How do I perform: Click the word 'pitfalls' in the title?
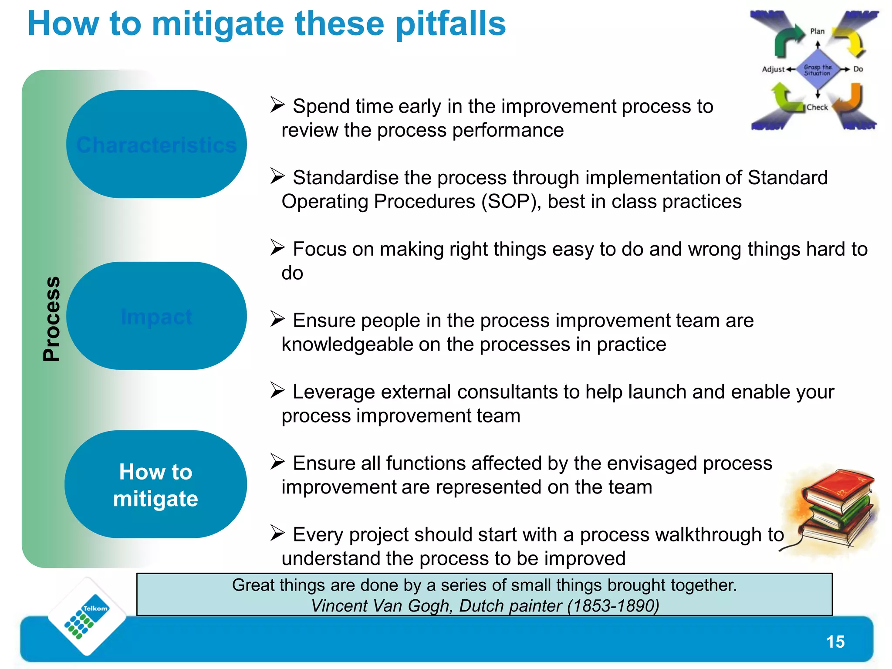click(x=450, y=24)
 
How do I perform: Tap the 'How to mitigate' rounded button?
click(x=155, y=485)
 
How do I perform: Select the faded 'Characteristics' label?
click(x=156, y=145)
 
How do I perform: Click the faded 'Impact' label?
click(x=156, y=317)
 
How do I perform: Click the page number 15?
click(x=835, y=642)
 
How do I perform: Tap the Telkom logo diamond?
click(x=87, y=616)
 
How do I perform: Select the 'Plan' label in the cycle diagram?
click(x=817, y=31)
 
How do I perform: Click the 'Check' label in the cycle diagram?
click(x=817, y=107)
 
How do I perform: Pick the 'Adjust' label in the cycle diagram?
click(x=773, y=69)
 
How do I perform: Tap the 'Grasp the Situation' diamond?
click(x=818, y=70)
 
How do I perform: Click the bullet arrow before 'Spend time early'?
click(x=277, y=105)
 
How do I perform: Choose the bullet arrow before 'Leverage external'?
click(x=277, y=390)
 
